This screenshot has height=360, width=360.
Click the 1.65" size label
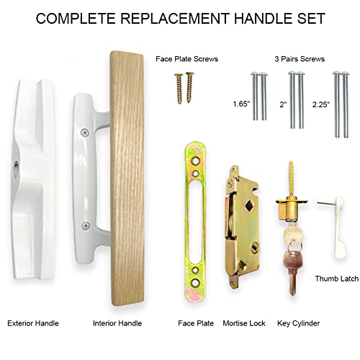[242, 103]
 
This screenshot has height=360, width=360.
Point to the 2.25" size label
[321, 103]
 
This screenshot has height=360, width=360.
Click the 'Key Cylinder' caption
[298, 323]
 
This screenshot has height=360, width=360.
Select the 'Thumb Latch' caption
[334, 278]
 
